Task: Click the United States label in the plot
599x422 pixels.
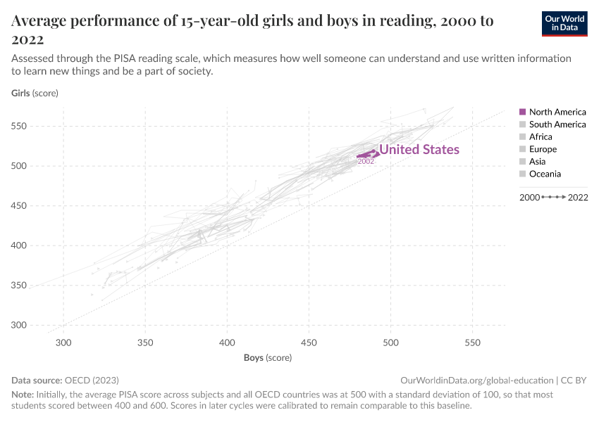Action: click(x=419, y=150)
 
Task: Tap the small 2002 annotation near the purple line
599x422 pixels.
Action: click(x=366, y=162)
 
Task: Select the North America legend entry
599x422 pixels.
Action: click(x=557, y=112)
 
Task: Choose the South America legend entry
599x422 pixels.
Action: click(x=557, y=124)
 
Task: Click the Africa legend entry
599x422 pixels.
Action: click(x=541, y=137)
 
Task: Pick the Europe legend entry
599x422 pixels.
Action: click(x=543, y=149)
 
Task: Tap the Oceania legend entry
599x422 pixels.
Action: click(x=545, y=174)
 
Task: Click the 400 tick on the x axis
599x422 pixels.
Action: click(x=227, y=343)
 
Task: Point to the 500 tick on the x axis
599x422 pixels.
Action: click(x=390, y=343)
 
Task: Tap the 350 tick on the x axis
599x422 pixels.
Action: click(x=145, y=343)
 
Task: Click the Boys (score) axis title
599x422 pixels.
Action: click(x=268, y=357)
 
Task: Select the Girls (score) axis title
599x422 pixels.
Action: click(x=35, y=93)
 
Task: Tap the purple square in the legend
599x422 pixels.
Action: click(x=522, y=112)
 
